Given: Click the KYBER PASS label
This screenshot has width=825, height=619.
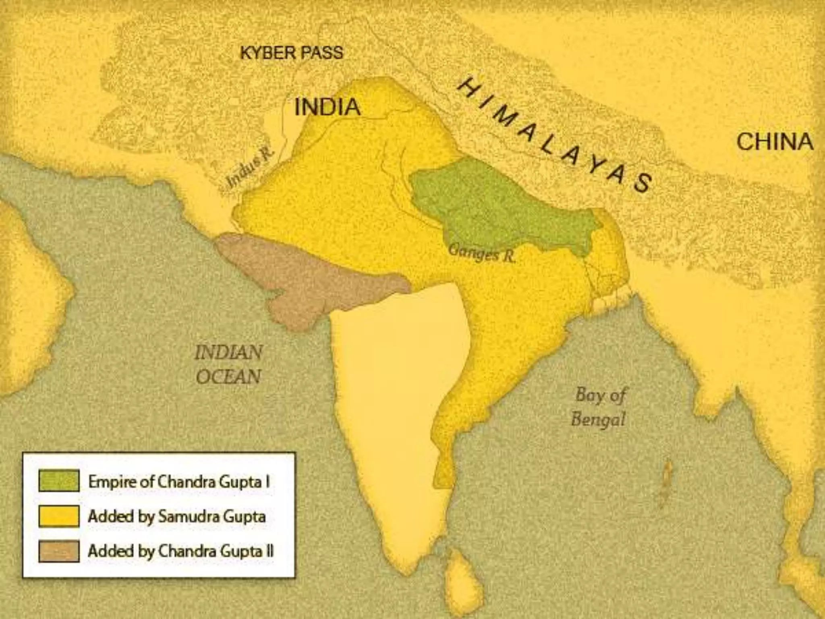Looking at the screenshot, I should (292, 53).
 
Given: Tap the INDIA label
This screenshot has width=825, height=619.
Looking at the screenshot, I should (327, 107).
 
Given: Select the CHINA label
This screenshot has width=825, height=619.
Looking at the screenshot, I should (775, 142).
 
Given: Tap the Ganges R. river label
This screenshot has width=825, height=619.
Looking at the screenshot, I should (481, 253).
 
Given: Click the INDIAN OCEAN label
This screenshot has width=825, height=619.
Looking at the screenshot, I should (228, 364).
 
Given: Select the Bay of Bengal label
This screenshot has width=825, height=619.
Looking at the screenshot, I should (599, 407).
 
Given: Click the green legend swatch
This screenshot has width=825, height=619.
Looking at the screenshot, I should (59, 481).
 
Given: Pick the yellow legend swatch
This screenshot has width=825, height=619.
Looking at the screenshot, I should (59, 516).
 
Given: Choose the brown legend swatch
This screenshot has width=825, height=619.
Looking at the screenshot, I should (59, 551).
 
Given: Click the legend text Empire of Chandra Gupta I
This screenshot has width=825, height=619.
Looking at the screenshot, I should (179, 482).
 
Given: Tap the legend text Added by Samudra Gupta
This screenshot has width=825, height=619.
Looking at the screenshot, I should (176, 516).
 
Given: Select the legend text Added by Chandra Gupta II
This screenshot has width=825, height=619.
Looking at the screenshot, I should (180, 551).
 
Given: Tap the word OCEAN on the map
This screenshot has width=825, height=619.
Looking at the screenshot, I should (228, 377).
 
